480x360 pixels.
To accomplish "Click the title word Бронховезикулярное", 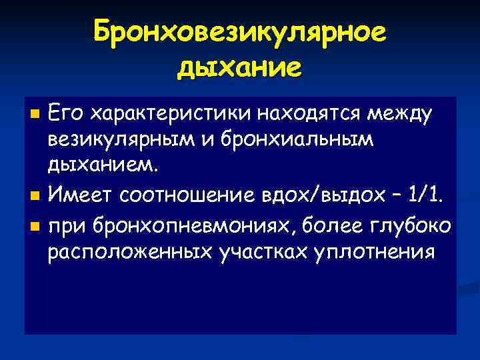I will [240, 32].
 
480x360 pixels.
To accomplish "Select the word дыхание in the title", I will [240, 67].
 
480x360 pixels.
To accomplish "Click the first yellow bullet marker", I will [36, 109].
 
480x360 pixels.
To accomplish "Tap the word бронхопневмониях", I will [185, 225].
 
